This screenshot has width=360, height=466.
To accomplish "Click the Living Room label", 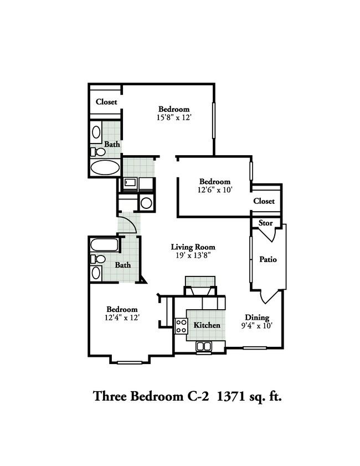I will (x=193, y=247).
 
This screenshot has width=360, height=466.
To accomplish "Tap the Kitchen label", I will (x=207, y=325).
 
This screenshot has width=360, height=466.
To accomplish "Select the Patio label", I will (x=268, y=259).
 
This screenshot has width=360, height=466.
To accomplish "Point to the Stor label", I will (x=266, y=223).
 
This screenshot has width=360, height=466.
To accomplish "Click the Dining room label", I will (x=257, y=318).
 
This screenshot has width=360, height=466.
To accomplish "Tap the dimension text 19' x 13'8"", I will (x=193, y=255).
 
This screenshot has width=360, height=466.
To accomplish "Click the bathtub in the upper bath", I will (x=105, y=167).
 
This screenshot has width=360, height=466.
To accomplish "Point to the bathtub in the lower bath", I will (x=104, y=244).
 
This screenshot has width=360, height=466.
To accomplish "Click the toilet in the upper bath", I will (x=98, y=151).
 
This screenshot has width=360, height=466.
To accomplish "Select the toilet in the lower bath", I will (x=98, y=259).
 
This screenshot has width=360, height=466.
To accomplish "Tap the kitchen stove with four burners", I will (x=181, y=326).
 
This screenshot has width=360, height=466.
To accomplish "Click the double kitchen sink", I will (x=204, y=347).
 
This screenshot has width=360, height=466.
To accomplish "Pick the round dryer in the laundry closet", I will (x=146, y=203).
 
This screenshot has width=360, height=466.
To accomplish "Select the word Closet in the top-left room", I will (x=106, y=102).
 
